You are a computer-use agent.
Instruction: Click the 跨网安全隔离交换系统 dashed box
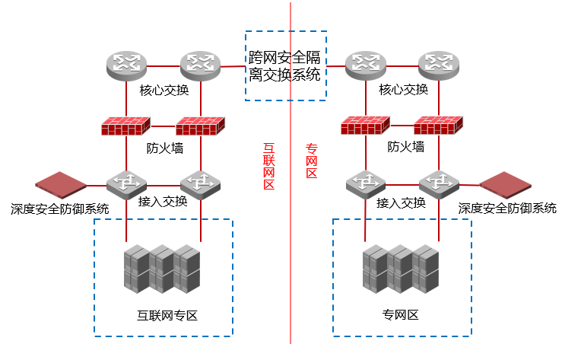285,65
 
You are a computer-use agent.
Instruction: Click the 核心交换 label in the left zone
164,91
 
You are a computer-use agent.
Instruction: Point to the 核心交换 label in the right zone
403,91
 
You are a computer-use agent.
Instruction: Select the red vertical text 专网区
311,162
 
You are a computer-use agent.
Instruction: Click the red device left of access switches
61,185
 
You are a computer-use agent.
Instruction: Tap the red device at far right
504,185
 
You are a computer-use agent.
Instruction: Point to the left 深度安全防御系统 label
60,208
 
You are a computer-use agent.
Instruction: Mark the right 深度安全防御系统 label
507,208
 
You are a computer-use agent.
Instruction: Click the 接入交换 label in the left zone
163,202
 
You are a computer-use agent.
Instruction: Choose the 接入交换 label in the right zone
401,203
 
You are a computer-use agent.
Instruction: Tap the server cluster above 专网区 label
402,269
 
